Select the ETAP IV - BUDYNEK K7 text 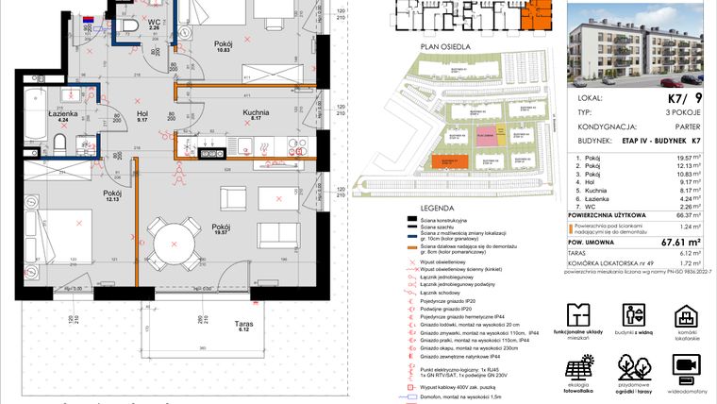click(669, 142)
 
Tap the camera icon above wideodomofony click(686, 365)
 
